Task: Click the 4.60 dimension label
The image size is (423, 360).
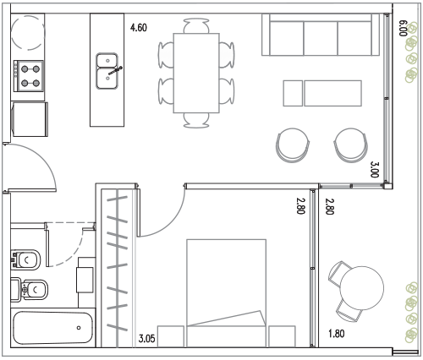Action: [139, 28]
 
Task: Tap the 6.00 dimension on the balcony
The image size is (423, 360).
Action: [403, 28]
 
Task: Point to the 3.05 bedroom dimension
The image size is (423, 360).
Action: [147, 338]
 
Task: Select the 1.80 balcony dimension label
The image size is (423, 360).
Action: [337, 334]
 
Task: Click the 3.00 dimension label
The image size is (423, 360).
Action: [375, 169]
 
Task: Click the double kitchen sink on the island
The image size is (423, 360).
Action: [107, 71]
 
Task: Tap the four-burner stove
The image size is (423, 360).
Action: [29, 76]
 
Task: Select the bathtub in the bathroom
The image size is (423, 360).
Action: [54, 328]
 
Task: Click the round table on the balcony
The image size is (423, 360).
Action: [362, 288]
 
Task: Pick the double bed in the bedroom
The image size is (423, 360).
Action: [227, 293]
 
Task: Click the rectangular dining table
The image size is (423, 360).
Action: [196, 73]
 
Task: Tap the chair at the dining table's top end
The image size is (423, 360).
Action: [196, 26]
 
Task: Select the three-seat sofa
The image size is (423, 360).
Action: [321, 35]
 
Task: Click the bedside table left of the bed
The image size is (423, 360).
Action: [171, 336]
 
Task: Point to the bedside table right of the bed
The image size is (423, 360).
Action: [282, 336]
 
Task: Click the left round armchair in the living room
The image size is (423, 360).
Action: [293, 145]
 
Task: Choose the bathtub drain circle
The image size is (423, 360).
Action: [79, 328]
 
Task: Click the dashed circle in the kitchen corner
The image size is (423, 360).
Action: [28, 33]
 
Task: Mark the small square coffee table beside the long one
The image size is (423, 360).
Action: [293, 93]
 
